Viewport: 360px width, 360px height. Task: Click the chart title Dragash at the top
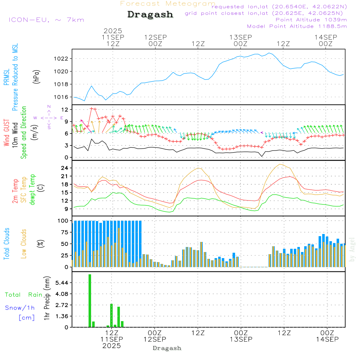pos(150,14)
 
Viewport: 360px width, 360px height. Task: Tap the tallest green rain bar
pos(90,301)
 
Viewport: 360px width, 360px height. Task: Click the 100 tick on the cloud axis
pos(63,221)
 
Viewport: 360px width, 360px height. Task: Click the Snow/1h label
pos(20,308)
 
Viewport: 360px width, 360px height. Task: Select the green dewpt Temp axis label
pos(33,190)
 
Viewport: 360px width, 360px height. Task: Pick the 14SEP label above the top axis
pos(325,37)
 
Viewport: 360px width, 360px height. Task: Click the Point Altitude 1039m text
pos(311,19)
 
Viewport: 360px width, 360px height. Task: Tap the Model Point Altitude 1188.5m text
pos(297,26)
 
